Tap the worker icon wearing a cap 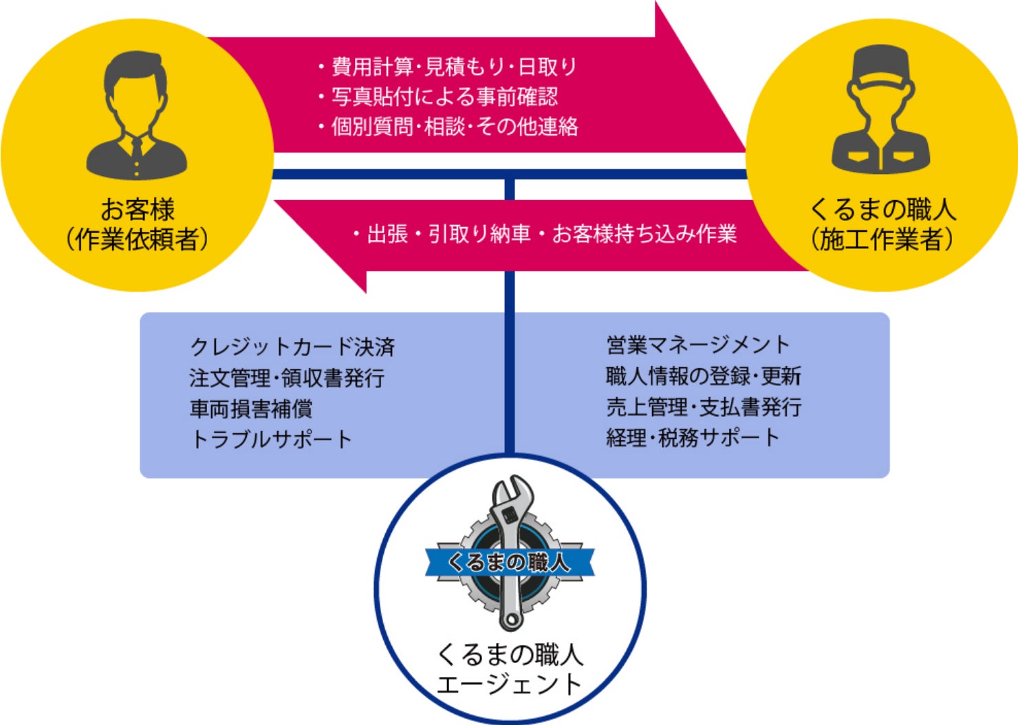tap(880, 110)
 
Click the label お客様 tap(138, 209)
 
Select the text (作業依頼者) tap(137, 239)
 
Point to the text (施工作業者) tap(882, 239)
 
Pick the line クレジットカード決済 tap(292, 347)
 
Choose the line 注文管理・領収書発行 tap(287, 378)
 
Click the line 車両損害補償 tap(251, 409)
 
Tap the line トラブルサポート tap(271, 439)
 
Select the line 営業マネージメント tap(697, 345)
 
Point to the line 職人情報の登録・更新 tap(703, 376)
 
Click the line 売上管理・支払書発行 tap(703, 407)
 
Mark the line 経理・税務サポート tap(693, 437)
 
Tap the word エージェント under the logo tap(510, 684)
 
